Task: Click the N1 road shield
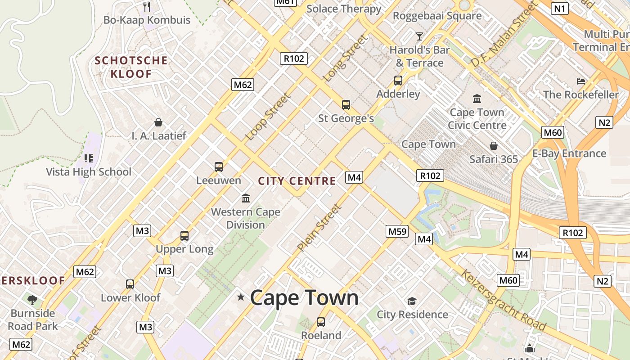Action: coord(560,8)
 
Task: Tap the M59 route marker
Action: coord(397,231)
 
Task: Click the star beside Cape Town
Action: coord(241,297)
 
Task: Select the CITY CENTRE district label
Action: coord(297,181)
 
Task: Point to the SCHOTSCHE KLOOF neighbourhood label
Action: coord(131,67)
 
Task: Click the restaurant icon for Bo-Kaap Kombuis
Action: coord(147,6)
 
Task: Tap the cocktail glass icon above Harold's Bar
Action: coord(419,36)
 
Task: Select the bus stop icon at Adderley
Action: coord(398,81)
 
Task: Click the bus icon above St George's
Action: coord(346,105)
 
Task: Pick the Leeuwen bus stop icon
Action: coord(219,167)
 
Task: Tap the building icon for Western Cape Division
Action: coord(246,198)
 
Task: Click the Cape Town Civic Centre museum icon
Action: coord(477,98)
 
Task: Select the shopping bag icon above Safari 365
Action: coord(494,146)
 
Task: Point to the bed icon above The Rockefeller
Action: coord(581,81)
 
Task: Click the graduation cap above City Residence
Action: coord(412,301)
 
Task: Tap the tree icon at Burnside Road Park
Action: coord(32,300)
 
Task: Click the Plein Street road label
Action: coord(319,228)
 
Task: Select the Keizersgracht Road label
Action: coord(503,300)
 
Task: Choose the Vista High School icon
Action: coord(89,158)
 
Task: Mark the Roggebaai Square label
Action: coord(437,16)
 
